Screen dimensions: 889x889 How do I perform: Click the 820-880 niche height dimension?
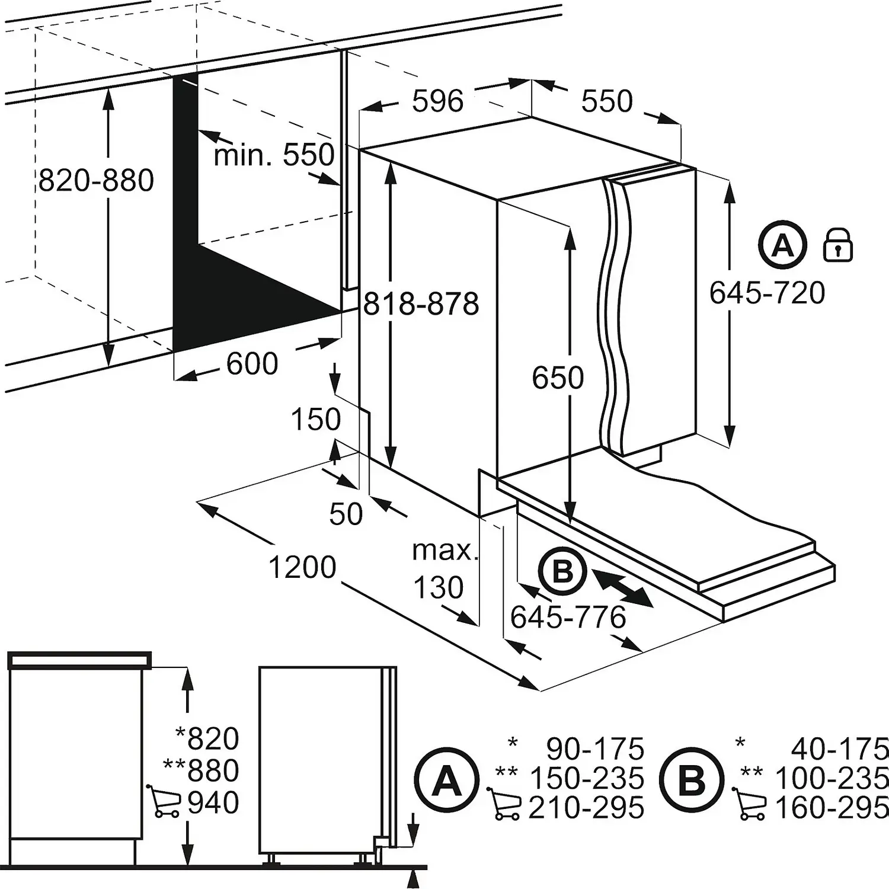click(x=97, y=181)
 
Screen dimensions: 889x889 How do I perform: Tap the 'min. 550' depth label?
click(x=274, y=155)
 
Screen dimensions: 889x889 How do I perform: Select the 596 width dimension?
click(x=437, y=101)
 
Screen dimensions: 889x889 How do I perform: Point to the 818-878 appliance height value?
click(x=421, y=305)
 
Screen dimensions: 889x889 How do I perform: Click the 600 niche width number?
click(x=252, y=363)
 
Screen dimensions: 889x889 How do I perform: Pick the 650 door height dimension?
click(x=558, y=378)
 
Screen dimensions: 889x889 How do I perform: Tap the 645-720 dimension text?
click(x=767, y=293)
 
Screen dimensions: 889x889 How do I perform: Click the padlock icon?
click(x=838, y=245)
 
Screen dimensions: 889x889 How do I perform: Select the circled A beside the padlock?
click(x=783, y=245)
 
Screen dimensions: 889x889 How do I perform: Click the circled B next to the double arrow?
click(x=562, y=572)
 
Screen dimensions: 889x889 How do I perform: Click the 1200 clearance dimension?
click(x=302, y=567)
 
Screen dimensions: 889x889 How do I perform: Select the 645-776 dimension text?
click(x=568, y=618)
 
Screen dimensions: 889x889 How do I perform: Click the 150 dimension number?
click(x=315, y=420)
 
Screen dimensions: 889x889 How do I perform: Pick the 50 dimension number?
click(x=346, y=514)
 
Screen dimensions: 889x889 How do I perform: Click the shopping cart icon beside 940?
click(x=163, y=801)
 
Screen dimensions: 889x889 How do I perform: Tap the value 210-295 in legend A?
click(x=586, y=808)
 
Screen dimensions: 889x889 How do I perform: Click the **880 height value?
click(x=202, y=770)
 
